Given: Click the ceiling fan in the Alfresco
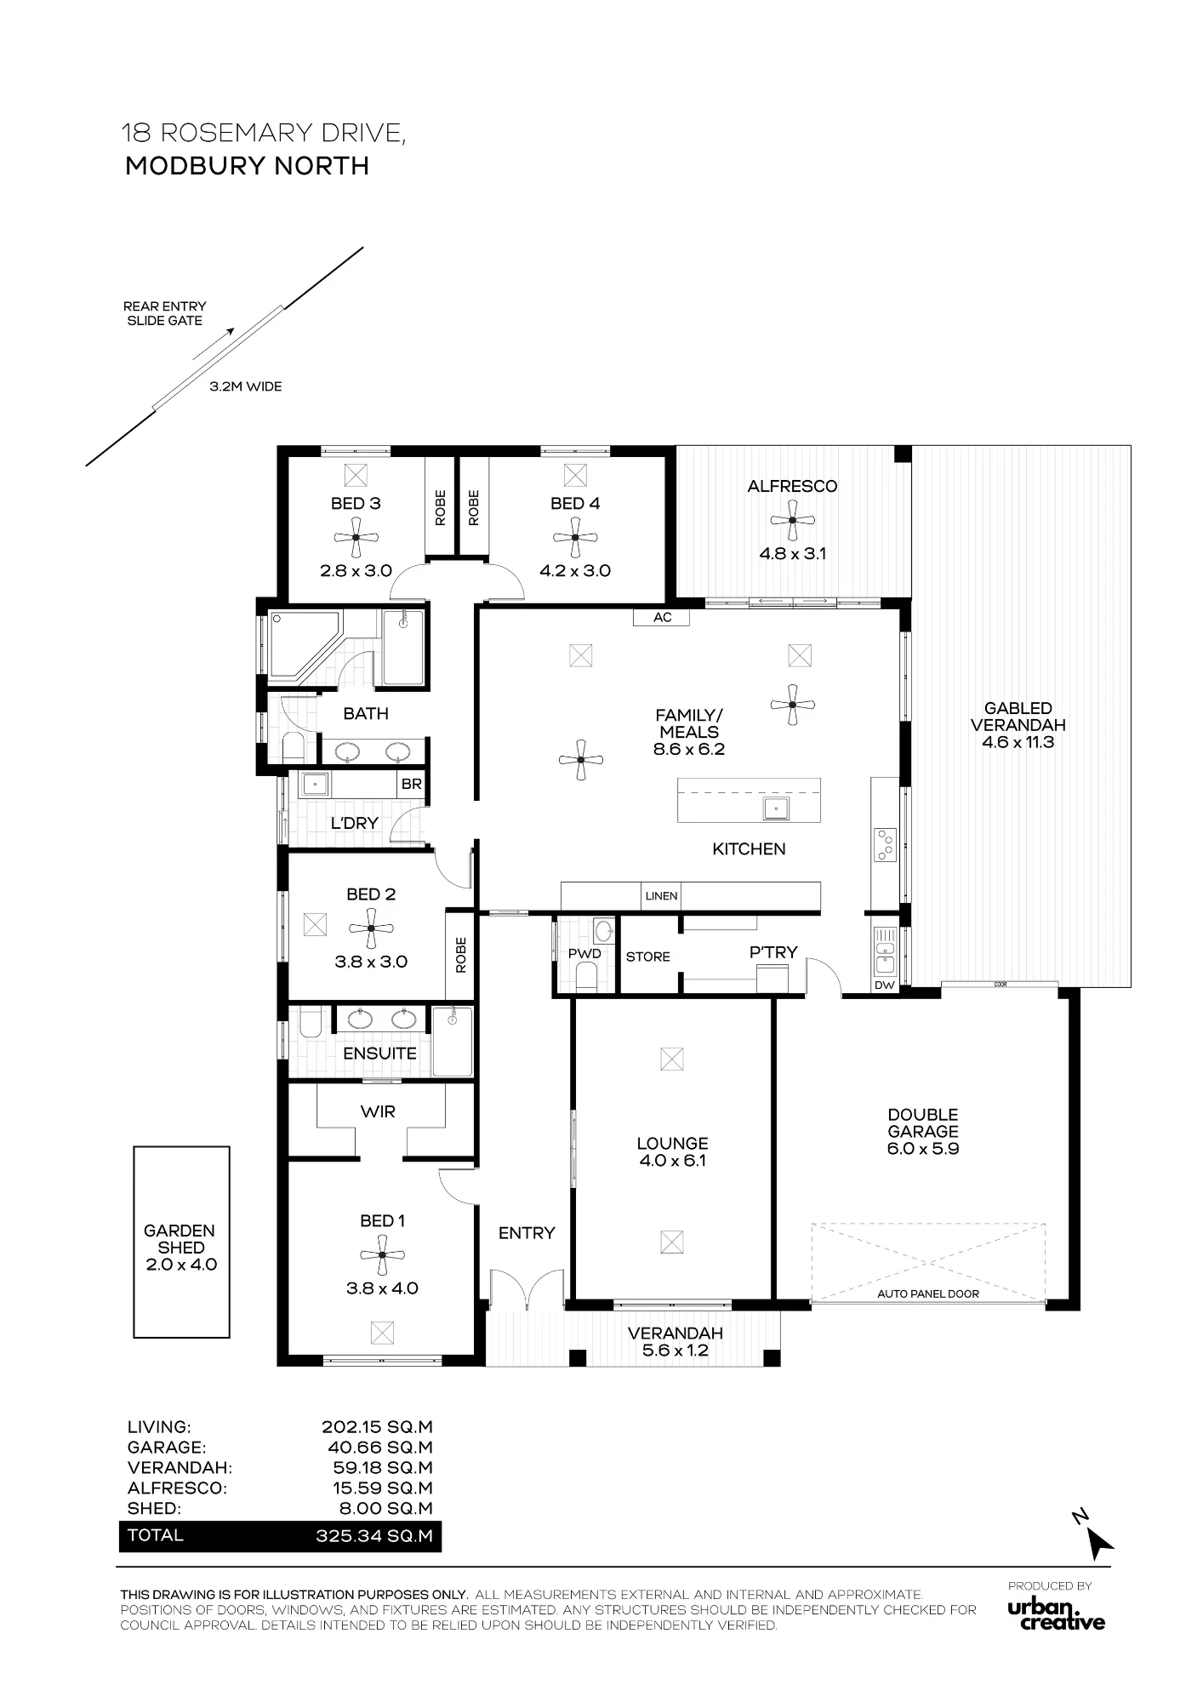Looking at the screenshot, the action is [x=793, y=520].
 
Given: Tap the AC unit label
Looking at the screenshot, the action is [x=663, y=617].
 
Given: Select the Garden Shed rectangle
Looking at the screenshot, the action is [x=181, y=1242].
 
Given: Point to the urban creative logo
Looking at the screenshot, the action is [x=1056, y=1614].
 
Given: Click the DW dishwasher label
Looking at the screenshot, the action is [x=885, y=985].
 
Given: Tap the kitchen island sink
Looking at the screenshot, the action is [x=775, y=808].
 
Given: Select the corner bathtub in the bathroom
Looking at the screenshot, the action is [x=305, y=645].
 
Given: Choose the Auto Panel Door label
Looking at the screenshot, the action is [x=928, y=1294].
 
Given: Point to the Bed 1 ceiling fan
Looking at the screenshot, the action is [x=383, y=1254].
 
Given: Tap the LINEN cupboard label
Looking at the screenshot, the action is [x=661, y=895].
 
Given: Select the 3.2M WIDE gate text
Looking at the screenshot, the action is [x=246, y=386].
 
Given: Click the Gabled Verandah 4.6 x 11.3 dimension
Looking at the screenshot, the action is [x=1018, y=742].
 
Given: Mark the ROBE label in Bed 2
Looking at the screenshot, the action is [x=460, y=955].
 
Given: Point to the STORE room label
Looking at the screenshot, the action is [x=648, y=957].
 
